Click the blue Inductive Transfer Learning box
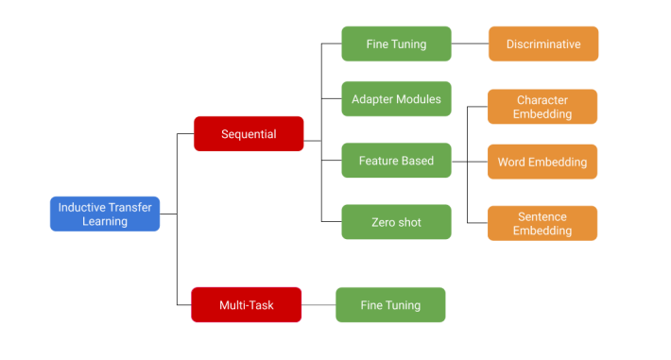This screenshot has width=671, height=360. coord(105,214)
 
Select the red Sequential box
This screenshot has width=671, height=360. coord(249,134)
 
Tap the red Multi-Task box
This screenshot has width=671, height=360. coord(247,305)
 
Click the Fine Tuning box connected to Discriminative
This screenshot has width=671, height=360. coord(396,43)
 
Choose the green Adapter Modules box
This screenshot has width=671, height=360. coord(396,98)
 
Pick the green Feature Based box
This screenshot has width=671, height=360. coord(396,161)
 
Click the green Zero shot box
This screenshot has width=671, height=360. coord(396,222)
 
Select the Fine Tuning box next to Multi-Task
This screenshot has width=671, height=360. coord(390,305)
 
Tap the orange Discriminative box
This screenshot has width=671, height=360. coord(543,43)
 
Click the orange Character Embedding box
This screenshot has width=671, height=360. coord(542,107)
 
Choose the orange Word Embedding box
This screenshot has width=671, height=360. coord(542,162)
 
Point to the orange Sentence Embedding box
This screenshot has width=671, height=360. coord(542,223)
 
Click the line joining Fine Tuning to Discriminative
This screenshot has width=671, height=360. coord(470,43)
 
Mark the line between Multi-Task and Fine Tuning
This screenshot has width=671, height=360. coord(319,305)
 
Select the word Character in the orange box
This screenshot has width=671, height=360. coord(542,100)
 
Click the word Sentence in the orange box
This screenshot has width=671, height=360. coord(542,216)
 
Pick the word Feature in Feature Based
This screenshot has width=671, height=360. coord(378,161)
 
